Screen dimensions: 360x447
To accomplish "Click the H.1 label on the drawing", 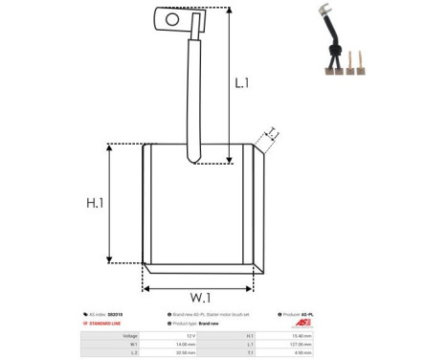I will pyautogui.click(x=95, y=203).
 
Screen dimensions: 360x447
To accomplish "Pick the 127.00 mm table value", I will pyautogui.click(x=329, y=344).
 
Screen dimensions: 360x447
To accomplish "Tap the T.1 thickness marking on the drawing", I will pyautogui.click(x=272, y=134).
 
